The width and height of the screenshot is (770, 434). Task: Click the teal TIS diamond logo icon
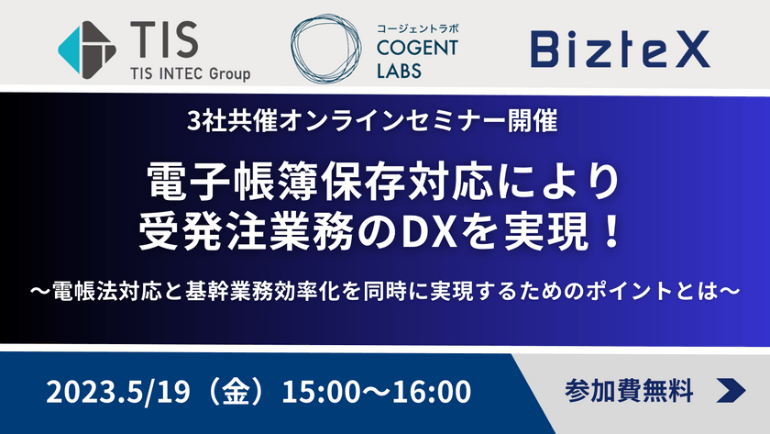(x=89, y=45)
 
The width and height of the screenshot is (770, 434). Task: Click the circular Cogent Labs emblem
(x=330, y=47)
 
